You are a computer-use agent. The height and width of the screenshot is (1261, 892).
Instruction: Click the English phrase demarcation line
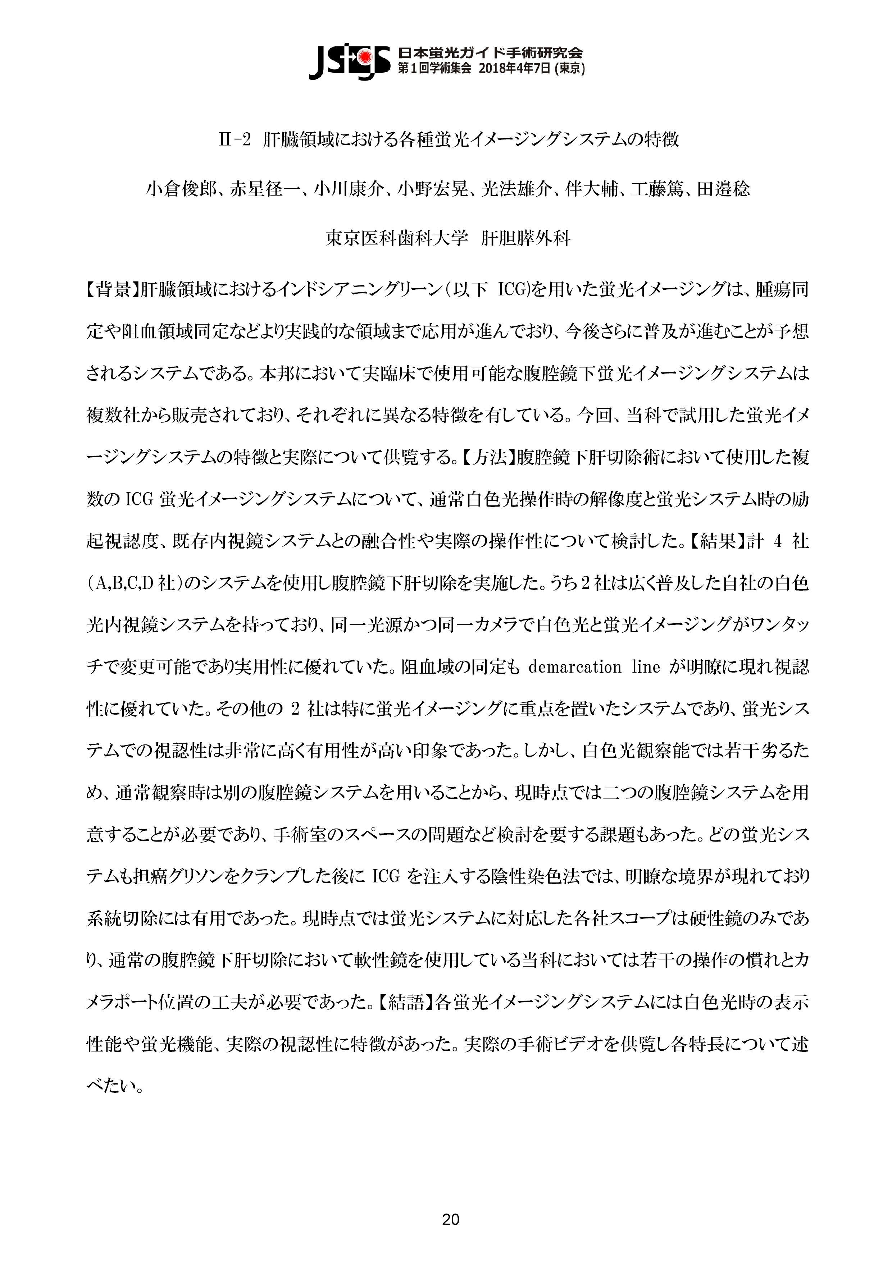pos(594,667)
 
